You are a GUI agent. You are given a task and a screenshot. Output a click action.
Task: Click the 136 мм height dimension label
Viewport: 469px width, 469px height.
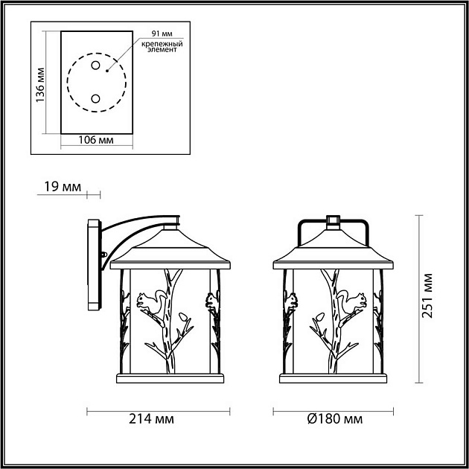tap(42, 83)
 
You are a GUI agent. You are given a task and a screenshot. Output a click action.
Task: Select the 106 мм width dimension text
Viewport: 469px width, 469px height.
tap(96, 139)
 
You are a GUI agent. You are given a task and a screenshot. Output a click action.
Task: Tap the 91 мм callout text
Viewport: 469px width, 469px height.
tap(162, 34)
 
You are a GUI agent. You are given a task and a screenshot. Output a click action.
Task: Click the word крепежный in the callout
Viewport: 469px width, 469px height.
tap(162, 43)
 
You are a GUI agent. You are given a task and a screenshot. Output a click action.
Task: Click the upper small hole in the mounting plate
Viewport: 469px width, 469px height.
tap(95, 66)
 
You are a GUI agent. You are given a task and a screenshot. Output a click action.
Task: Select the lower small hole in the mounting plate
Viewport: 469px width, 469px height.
tap(95, 98)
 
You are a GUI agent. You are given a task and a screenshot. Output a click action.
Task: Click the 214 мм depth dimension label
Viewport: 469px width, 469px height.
tap(156, 419)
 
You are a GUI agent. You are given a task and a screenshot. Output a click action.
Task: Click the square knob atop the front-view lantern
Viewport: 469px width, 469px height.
tap(333, 220)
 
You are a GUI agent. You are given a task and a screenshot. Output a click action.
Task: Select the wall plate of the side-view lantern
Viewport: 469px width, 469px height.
tap(92, 264)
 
